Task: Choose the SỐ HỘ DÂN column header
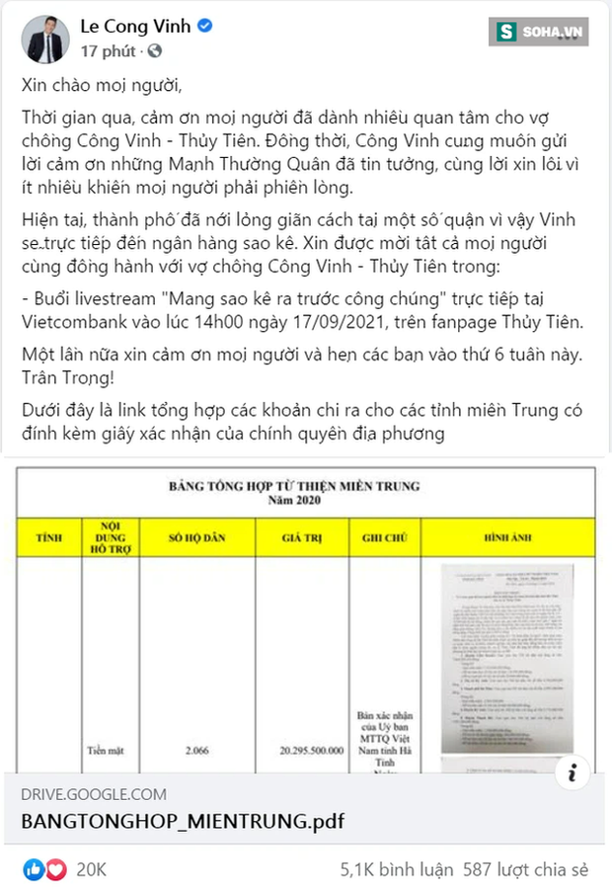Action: coord(196,537)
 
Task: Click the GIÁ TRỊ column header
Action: coord(302,537)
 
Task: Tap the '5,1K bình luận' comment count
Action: coord(396,869)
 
